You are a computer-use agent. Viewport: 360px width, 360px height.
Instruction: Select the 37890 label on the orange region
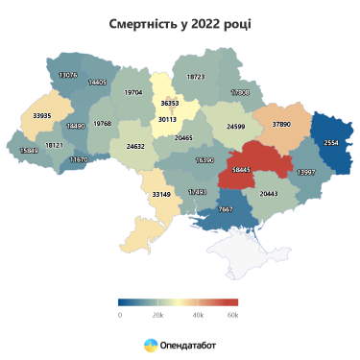281,124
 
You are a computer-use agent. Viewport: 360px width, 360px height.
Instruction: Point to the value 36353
171,103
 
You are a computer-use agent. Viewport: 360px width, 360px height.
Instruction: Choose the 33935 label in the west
42,115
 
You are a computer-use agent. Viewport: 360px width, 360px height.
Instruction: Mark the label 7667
226,209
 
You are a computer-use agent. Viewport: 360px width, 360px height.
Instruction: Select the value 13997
306,172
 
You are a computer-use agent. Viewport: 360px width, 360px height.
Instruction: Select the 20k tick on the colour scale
158,314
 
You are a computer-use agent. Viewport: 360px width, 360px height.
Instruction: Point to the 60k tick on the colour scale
232,314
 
